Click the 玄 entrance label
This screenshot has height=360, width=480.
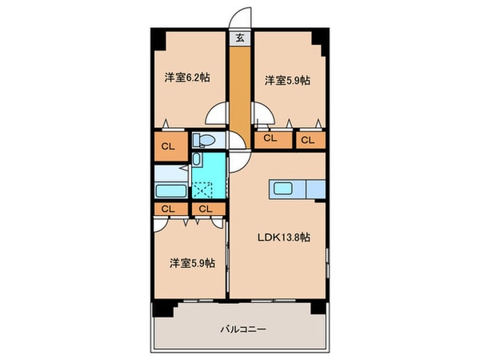pos(240,38)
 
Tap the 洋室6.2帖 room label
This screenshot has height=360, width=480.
pos(187,78)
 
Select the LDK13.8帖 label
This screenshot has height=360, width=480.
pos(283,238)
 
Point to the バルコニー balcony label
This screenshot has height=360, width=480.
pos(243,330)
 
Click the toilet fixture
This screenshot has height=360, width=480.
pos(203,140)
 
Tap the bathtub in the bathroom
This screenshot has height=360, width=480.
pos(171,191)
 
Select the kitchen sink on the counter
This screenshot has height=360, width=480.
pos(282,188)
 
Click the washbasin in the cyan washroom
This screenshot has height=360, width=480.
pos(196,159)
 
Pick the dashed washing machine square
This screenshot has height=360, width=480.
pos(202,190)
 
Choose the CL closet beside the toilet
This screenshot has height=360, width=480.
pos(171,146)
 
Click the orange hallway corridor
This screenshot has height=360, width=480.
pos(240,95)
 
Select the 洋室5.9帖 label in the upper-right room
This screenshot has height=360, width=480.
pos(287,81)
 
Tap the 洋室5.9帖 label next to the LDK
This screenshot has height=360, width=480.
pos(192,263)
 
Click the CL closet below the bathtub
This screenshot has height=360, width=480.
pos(171,210)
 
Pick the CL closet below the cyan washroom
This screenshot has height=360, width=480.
pos(209,210)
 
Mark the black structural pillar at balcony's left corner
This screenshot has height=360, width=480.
pos(163,309)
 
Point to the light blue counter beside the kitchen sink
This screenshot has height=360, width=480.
pos(316,190)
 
